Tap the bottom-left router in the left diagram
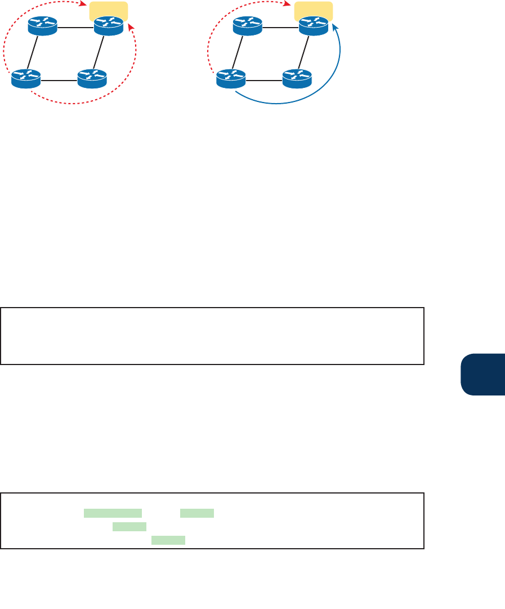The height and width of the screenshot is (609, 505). [26, 79]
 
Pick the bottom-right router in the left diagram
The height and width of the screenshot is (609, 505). [92, 79]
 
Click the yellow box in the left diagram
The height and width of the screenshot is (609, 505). [109, 10]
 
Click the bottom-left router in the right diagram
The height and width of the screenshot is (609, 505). [231, 79]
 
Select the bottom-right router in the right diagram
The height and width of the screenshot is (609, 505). [297, 79]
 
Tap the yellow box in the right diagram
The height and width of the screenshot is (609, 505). [314, 10]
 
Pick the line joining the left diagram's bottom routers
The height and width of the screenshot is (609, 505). [59, 80]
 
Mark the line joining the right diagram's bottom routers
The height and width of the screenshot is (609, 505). [264, 80]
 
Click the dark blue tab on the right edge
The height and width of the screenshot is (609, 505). [482, 375]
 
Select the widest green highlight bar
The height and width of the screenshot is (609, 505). [113, 513]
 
